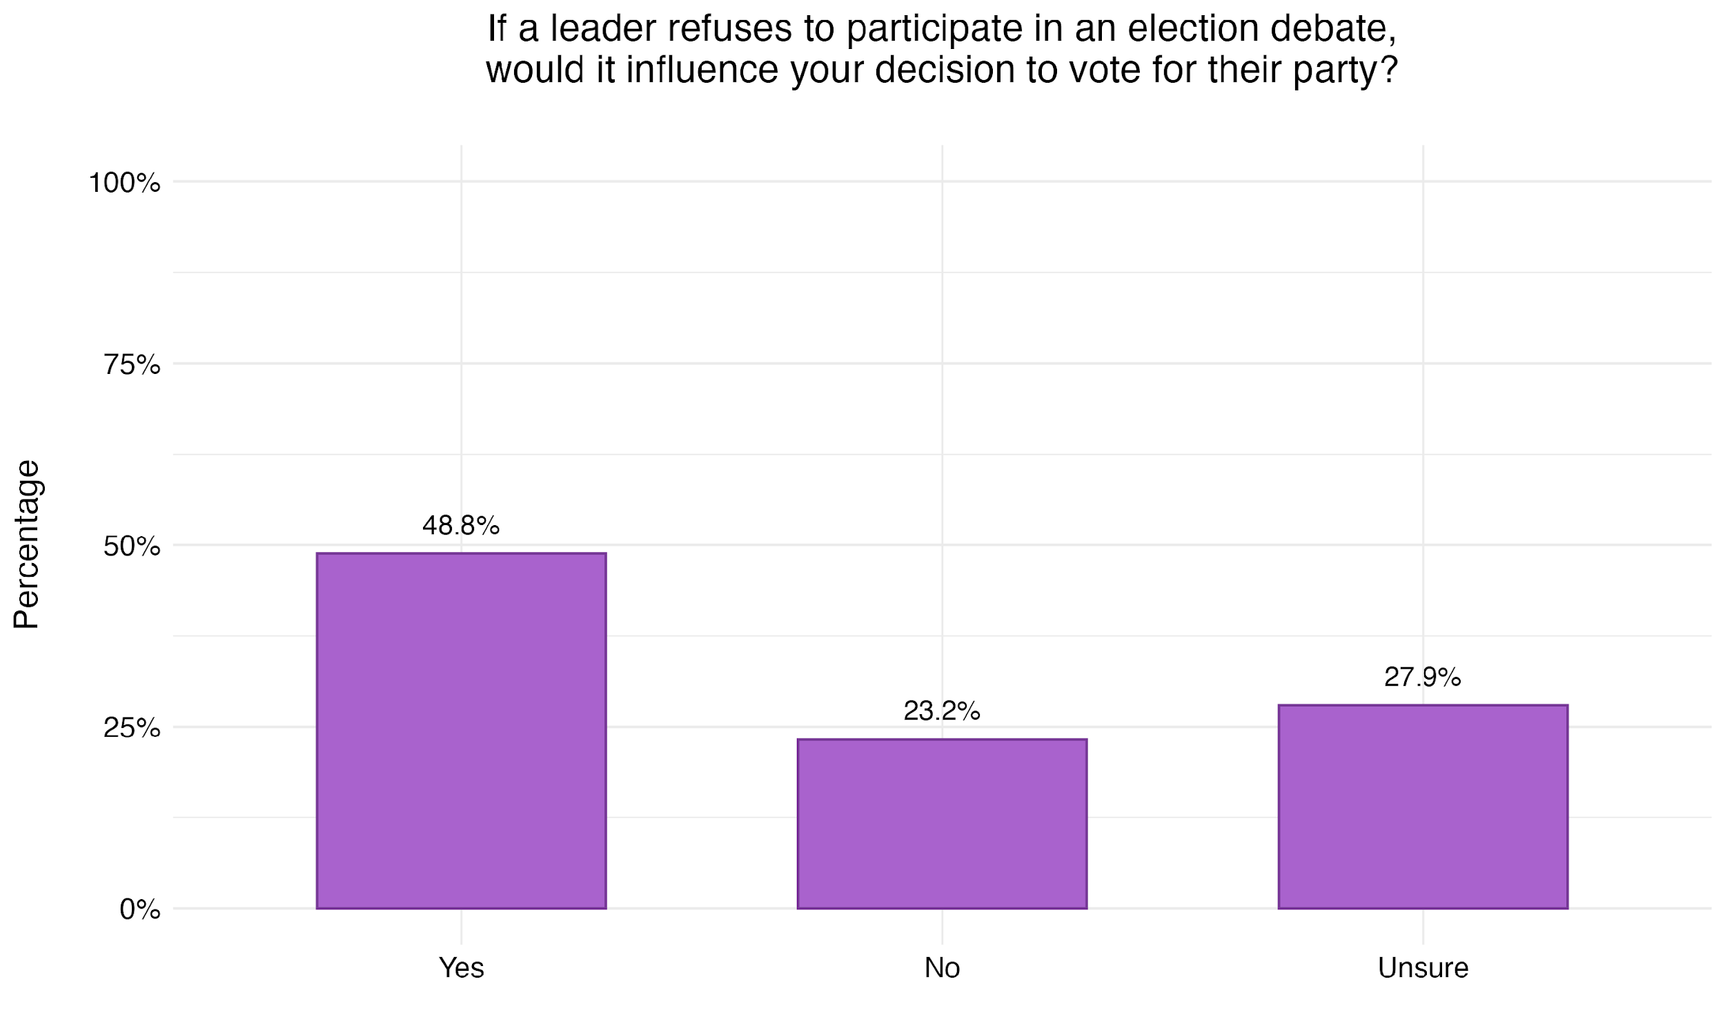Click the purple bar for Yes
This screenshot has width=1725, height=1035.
(x=461, y=730)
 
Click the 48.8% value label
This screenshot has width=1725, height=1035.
(x=461, y=526)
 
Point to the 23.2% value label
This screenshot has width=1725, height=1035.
(x=941, y=711)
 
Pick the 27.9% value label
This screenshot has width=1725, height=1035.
(x=1422, y=677)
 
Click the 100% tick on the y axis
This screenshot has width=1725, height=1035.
(x=124, y=184)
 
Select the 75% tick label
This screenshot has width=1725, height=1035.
(x=132, y=365)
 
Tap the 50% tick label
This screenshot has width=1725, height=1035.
(x=132, y=546)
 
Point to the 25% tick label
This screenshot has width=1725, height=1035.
(x=132, y=728)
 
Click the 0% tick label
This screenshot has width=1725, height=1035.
(x=139, y=909)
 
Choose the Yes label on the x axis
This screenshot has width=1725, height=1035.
(x=461, y=968)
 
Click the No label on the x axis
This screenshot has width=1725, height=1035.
(x=941, y=968)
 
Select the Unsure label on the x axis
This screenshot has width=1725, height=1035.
(x=1422, y=968)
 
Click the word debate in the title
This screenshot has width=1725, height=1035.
(x=1332, y=29)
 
